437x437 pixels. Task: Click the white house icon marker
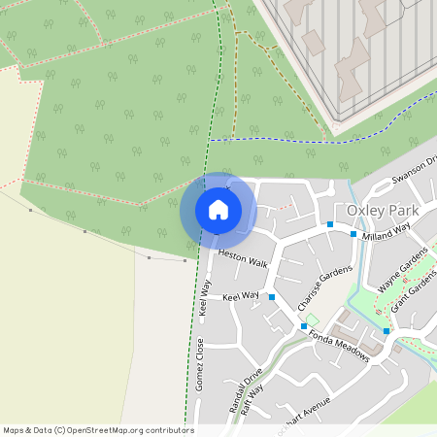tap(218, 209)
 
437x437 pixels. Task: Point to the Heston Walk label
tap(242, 258)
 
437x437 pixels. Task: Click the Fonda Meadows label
tap(339, 347)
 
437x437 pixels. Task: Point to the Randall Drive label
tap(247, 389)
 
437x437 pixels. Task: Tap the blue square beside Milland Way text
tap(353, 234)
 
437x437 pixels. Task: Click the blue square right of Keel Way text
tap(272, 297)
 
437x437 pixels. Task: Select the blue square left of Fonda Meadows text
tap(305, 326)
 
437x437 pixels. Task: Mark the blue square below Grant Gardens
tap(387, 331)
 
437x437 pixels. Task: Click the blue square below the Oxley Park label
tap(330, 225)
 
